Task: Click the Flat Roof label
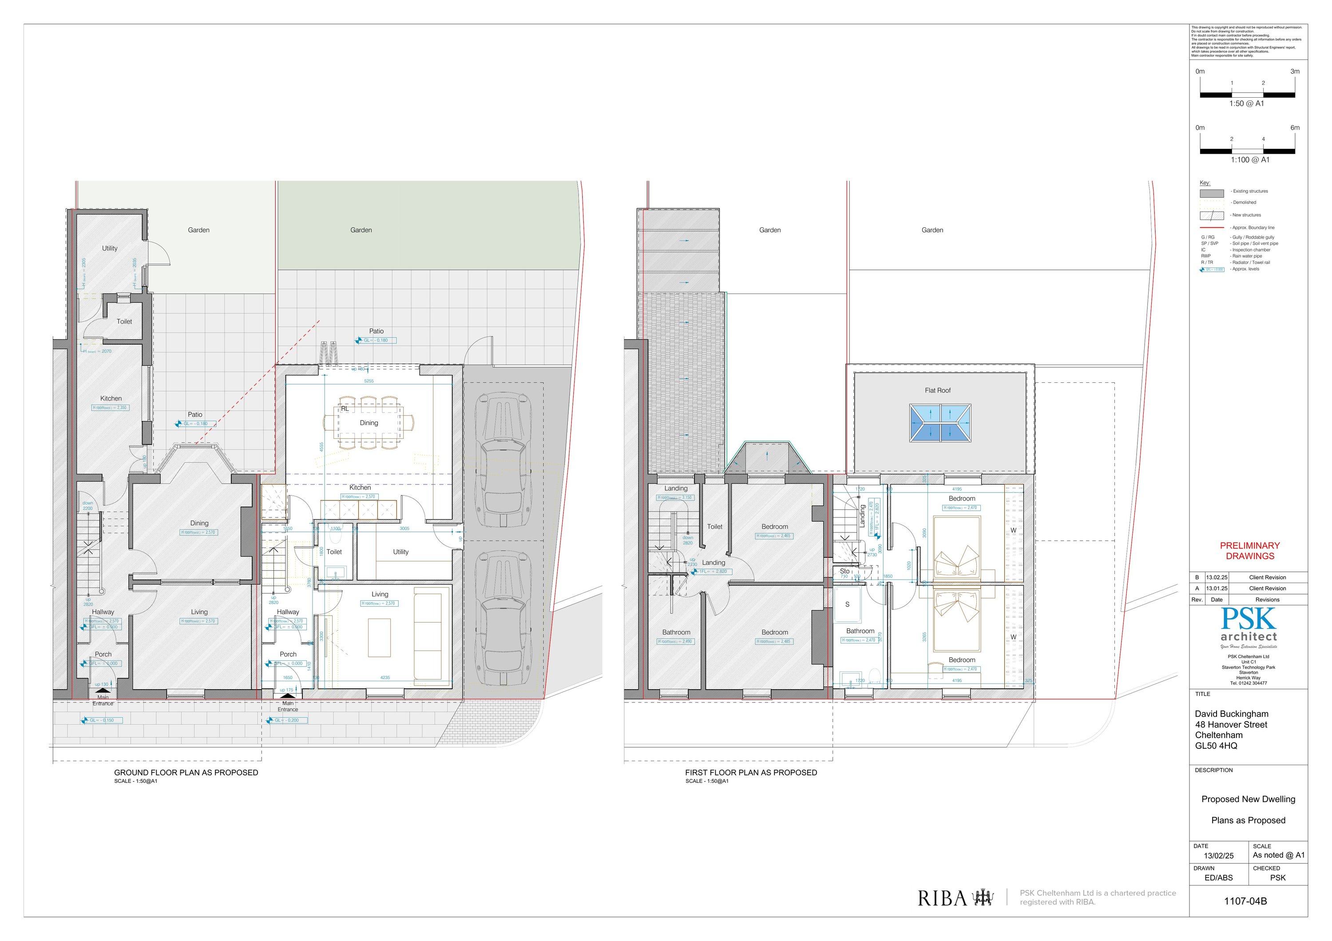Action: (x=937, y=390)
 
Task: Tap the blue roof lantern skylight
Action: (x=940, y=423)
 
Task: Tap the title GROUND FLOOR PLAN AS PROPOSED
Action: (x=186, y=772)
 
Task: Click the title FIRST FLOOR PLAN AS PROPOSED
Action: (x=751, y=772)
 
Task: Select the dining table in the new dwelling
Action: (x=369, y=423)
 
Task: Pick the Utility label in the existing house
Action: (x=110, y=248)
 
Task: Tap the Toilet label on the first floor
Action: (x=715, y=527)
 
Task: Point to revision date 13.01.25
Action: (x=1217, y=588)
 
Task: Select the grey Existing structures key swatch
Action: (x=1211, y=193)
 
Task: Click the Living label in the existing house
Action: (x=199, y=612)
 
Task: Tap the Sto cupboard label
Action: (x=844, y=572)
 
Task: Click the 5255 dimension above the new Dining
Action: (x=369, y=381)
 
